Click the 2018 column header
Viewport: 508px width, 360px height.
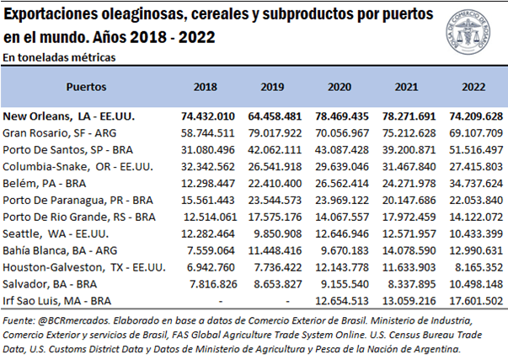pos(205,87)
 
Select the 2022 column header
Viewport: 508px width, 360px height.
pos(475,87)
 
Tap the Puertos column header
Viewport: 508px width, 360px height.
pos(86,87)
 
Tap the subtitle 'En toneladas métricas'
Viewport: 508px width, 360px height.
pos(59,57)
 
